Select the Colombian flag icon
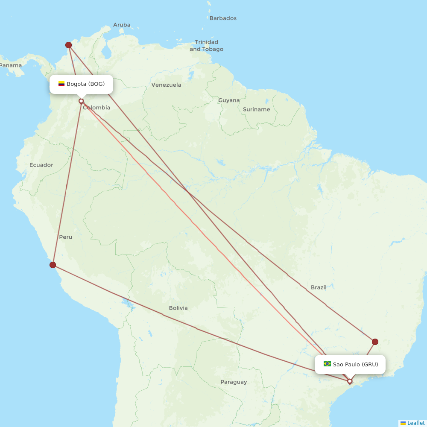(x=61, y=84)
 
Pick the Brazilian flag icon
(x=327, y=364)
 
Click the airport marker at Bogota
(x=81, y=101)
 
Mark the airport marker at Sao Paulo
(x=350, y=381)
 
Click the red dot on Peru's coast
(x=53, y=265)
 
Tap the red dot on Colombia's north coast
(x=68, y=45)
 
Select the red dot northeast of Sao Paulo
(x=375, y=342)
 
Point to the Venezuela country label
(x=166, y=85)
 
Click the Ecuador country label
(x=41, y=165)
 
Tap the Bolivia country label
(x=178, y=308)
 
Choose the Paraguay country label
(x=234, y=382)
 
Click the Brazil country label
(x=319, y=287)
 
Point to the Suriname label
(x=256, y=109)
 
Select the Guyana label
(x=229, y=100)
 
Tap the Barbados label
(x=223, y=18)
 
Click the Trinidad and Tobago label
(x=207, y=46)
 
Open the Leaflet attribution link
(x=415, y=423)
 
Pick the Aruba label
(x=122, y=25)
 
